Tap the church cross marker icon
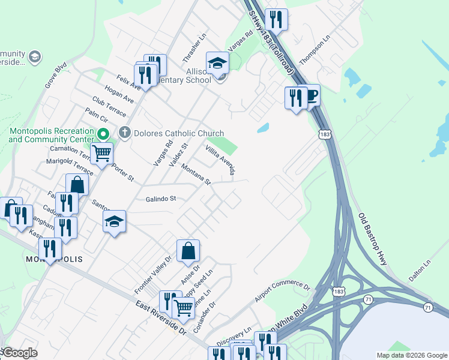point(125,133)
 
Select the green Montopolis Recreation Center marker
point(103,134)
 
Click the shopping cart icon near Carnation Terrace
point(102,154)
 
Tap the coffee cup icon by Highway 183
point(310,95)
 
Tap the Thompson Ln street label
point(315,50)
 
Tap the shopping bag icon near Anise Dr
point(188,251)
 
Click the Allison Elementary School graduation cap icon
point(217,62)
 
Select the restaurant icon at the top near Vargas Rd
point(276,19)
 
